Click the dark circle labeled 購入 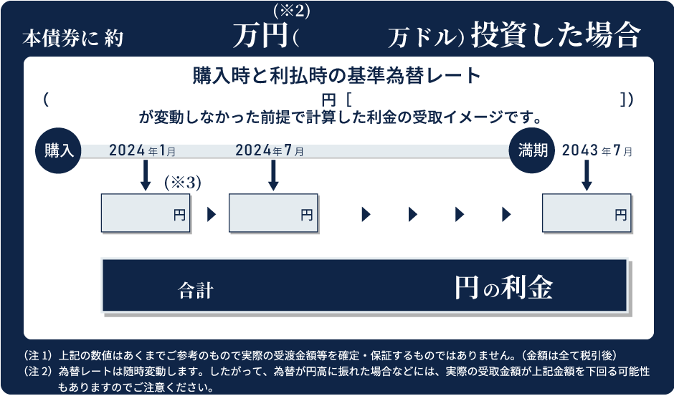[x=59, y=150]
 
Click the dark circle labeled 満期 [x=533, y=150]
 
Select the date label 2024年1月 [x=142, y=150]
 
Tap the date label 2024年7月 [x=269, y=150]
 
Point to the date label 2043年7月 [x=597, y=150]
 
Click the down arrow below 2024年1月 [x=146, y=175]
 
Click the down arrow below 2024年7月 [x=273, y=175]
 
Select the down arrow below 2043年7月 [x=587, y=175]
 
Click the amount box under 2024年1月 [x=146, y=213]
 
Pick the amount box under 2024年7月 [x=273, y=213]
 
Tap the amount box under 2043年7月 [x=587, y=213]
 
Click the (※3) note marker [x=182, y=183]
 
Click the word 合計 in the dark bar [x=196, y=290]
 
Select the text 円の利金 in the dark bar [x=503, y=287]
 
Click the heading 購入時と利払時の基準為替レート [x=336, y=74]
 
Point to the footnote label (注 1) [x=39, y=355]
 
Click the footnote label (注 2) [x=39, y=372]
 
